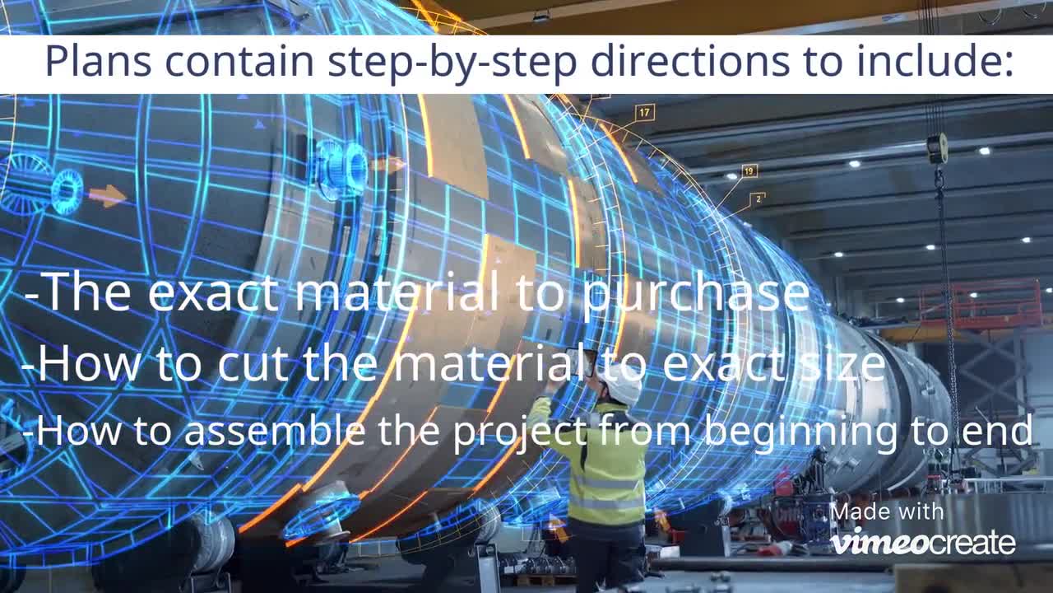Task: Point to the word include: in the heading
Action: click(x=940, y=61)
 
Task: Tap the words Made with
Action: click(x=887, y=512)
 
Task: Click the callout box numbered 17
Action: click(x=644, y=112)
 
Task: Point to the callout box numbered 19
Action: click(x=749, y=171)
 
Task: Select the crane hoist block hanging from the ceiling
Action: click(x=937, y=149)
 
